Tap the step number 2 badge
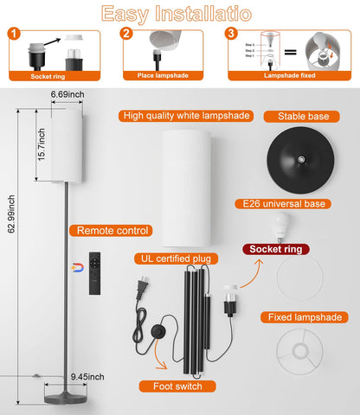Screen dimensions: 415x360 tap(126, 35)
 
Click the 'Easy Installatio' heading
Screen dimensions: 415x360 tap(180, 13)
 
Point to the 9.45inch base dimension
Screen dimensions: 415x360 tap(87, 376)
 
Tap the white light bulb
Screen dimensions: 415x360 tap(280, 227)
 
